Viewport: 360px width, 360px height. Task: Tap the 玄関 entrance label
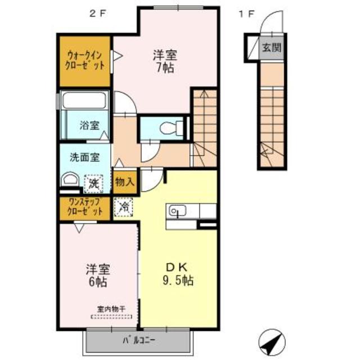click(x=271, y=48)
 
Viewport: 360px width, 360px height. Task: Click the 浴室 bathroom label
click(x=88, y=124)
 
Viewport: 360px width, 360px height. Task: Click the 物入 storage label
click(x=124, y=182)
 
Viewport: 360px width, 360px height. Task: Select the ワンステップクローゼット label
click(x=85, y=207)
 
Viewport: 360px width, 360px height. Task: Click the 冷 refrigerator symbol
click(x=124, y=206)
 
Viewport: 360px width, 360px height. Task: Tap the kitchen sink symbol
click(x=177, y=211)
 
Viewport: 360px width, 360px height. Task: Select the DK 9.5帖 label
click(x=178, y=273)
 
